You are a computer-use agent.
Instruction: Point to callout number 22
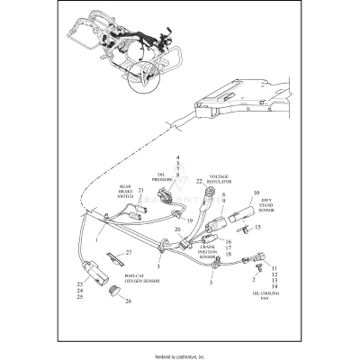(198, 181)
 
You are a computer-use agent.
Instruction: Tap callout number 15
(256, 227)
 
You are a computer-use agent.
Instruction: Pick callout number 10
(256, 193)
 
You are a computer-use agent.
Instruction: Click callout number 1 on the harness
(96, 241)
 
